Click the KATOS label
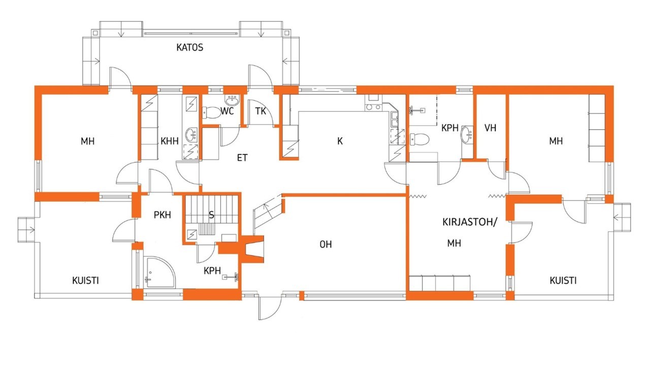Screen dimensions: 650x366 190,47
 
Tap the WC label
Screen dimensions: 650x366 227,111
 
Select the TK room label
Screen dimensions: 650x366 261,111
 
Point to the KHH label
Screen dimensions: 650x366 170,141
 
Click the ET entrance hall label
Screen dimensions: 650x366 242,158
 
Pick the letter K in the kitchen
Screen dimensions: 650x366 340,141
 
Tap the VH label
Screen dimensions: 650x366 491,128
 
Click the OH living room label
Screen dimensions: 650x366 326,245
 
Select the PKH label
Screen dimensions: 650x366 162,215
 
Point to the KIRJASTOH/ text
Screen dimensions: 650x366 470,222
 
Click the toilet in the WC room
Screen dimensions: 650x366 212,113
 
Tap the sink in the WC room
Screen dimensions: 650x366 233,100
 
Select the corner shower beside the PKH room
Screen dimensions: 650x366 160,272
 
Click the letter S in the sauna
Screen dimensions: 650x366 212,215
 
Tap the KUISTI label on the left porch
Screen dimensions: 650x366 85,281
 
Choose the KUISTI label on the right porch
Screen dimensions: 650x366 563,281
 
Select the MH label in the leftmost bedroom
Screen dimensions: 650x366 88,141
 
